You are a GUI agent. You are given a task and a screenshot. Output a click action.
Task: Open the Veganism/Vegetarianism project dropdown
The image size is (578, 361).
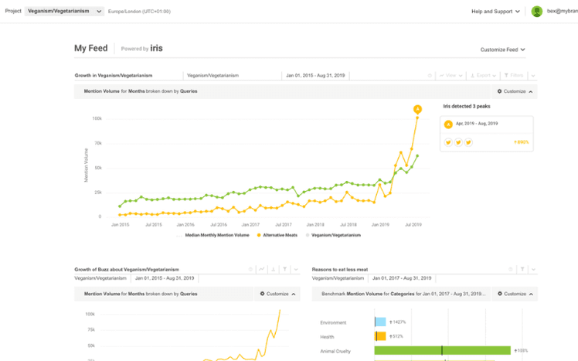(x=65, y=12)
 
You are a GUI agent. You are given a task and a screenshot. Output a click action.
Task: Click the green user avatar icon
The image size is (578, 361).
(x=537, y=12)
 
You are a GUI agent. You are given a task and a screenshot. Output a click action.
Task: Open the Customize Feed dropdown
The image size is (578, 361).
(x=502, y=49)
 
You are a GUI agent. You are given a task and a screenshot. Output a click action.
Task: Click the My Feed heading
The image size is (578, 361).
(x=90, y=48)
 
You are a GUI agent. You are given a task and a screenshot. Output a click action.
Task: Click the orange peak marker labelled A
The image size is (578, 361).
(x=417, y=109)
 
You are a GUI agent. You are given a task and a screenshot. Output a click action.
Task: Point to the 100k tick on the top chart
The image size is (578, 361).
(x=97, y=118)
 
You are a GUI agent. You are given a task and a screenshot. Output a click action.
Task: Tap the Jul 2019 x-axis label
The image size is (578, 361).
(x=413, y=224)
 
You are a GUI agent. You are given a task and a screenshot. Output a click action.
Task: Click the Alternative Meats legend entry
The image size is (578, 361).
(x=278, y=234)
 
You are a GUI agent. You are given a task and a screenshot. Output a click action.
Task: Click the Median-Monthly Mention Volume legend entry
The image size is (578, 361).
(x=217, y=234)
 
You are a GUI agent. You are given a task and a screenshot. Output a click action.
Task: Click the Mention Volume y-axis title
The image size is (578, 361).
(x=87, y=167)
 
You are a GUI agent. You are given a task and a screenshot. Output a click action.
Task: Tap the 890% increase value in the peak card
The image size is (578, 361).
(x=521, y=142)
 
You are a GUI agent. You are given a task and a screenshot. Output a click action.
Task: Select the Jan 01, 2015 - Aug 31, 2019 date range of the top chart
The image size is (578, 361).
(x=315, y=76)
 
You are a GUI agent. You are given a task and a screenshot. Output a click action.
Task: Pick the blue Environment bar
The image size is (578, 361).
(x=380, y=322)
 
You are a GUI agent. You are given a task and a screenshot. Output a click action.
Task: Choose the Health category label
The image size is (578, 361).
(x=328, y=336)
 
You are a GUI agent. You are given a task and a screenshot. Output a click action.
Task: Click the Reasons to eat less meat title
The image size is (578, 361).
(x=340, y=270)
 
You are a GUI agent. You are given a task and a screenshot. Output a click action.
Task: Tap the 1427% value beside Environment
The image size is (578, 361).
(x=399, y=322)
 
